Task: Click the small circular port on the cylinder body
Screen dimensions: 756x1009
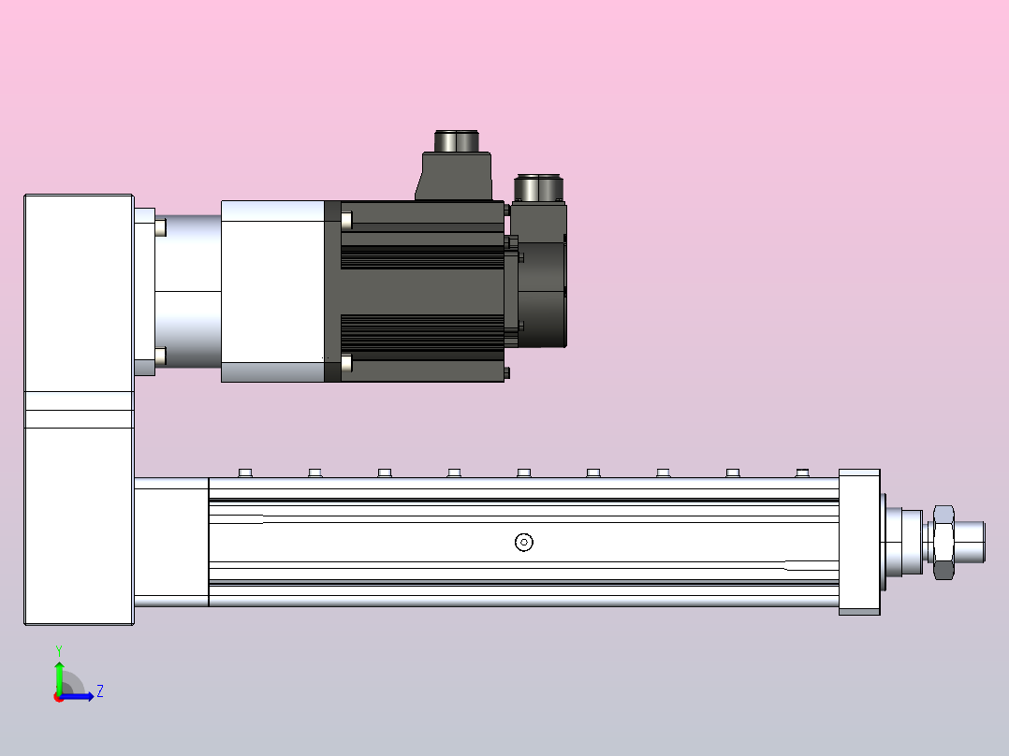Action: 524,542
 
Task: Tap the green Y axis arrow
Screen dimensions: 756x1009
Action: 59,673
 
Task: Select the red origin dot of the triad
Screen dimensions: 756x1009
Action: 59,697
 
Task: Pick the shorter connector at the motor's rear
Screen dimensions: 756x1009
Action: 538,201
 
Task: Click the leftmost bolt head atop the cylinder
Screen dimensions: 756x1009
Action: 245,472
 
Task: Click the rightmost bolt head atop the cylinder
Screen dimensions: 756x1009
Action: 801,472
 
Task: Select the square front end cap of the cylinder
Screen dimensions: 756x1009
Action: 858,542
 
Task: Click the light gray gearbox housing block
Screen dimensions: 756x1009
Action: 271,291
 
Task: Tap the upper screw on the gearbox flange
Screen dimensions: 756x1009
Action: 160,227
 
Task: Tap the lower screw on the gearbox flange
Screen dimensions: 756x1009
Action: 160,356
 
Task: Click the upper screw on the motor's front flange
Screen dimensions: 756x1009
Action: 347,221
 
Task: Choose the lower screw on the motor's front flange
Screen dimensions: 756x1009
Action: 347,363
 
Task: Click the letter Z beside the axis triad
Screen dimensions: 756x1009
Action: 99,691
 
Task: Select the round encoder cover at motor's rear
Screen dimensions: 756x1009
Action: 543,293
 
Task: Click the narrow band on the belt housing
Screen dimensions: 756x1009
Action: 79,410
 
